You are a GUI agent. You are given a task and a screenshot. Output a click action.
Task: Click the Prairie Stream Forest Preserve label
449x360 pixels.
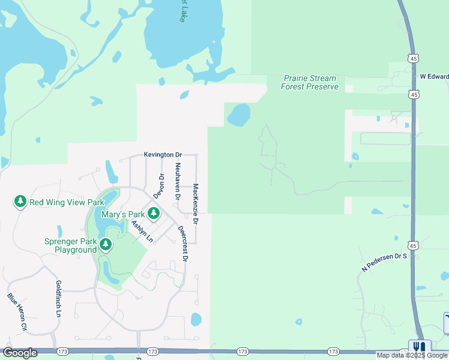tap(309, 83)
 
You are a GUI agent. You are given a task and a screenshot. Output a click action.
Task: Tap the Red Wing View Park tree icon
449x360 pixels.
tap(20, 202)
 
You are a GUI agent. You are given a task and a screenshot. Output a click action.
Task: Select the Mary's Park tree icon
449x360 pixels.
tap(154, 213)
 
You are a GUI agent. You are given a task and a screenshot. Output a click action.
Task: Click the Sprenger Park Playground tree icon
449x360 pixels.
tap(106, 244)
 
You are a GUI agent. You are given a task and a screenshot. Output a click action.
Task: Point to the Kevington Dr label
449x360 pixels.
tap(163, 155)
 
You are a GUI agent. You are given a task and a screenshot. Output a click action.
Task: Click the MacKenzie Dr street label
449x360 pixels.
tap(196, 204)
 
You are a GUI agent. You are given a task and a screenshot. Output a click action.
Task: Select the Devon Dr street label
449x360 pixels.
tap(159, 186)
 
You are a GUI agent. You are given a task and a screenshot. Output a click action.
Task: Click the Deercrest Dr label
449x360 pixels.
tap(183, 243)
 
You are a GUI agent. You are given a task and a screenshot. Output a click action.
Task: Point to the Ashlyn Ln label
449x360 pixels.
tap(142, 232)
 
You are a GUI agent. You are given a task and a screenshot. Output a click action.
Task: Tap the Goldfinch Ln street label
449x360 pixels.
tap(59, 298)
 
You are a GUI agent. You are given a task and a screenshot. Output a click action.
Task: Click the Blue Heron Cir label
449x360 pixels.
tap(17, 312)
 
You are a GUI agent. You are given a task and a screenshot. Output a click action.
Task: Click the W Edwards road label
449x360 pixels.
tap(434, 76)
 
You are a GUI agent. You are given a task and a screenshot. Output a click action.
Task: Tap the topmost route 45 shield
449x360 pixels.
tap(412, 58)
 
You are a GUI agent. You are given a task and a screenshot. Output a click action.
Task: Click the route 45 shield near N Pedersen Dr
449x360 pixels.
tap(412, 245)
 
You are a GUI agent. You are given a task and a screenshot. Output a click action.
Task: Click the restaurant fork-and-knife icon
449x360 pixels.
tap(420, 347)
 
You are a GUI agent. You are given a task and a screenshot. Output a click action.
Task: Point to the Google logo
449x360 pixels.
tap(20, 353)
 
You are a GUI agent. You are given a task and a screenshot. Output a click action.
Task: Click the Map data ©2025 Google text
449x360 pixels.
tap(412, 355)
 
